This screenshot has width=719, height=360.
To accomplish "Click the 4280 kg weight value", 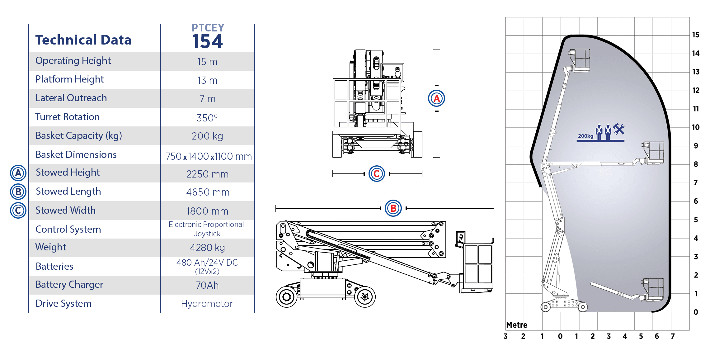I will click(207, 248).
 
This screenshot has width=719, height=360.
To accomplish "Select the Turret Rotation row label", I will click(67, 117).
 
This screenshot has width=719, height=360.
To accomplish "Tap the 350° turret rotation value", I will click(207, 118).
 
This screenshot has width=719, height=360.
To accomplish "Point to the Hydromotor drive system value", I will click(207, 304).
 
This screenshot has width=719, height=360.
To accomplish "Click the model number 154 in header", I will click(207, 41).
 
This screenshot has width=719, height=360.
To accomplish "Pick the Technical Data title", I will click(83, 40).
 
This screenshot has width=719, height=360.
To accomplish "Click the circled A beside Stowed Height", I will click(18, 173).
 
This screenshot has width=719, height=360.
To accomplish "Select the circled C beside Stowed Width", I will click(18, 210).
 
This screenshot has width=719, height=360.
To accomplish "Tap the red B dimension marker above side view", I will click(393, 208).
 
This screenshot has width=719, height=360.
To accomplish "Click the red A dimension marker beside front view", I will click(436, 98).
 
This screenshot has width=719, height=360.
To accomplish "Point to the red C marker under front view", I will click(377, 173).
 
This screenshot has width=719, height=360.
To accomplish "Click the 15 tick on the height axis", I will click(696, 35).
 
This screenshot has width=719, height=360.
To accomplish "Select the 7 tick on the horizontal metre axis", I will click(673, 336).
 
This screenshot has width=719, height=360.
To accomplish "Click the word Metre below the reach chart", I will click(517, 325).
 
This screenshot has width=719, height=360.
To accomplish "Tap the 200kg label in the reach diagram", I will click(585, 136).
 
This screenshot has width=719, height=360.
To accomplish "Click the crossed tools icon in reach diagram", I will click(619, 129).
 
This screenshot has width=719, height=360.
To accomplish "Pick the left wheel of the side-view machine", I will click(287, 297).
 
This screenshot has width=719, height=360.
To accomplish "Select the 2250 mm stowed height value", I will click(207, 174).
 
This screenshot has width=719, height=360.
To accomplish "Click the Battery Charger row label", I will click(69, 285).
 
